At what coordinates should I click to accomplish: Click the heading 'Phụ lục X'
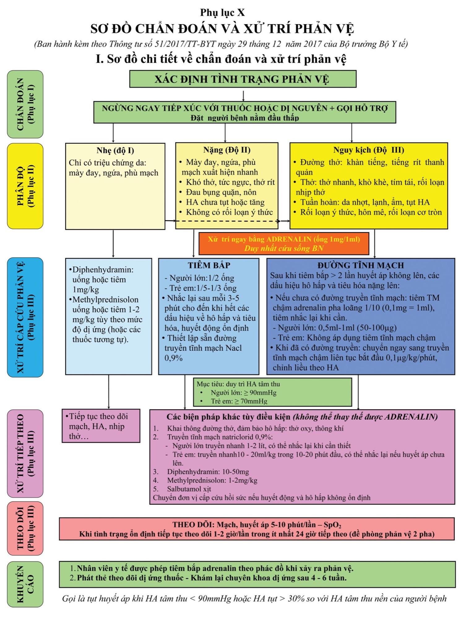(x=222, y=12)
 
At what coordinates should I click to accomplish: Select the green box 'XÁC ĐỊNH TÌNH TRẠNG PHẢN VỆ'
(x=243, y=79)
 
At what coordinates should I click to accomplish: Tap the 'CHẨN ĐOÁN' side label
(x=25, y=104)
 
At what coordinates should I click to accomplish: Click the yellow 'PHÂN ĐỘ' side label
(x=25, y=186)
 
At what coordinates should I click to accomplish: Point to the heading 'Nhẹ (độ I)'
(x=115, y=150)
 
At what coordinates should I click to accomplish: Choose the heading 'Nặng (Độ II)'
(x=227, y=150)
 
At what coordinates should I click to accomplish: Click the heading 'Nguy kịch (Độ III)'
(x=369, y=150)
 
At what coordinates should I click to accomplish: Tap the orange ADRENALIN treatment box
(x=284, y=243)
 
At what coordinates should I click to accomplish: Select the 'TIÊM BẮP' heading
(x=209, y=265)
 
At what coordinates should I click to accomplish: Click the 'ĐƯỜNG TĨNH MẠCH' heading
(x=361, y=265)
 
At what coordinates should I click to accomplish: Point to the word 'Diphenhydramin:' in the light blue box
(x=103, y=270)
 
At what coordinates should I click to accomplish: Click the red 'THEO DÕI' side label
(x=25, y=528)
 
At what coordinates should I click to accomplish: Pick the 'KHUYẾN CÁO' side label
(x=25, y=584)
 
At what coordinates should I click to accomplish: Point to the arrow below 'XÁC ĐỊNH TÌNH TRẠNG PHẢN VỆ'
(x=244, y=96)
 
